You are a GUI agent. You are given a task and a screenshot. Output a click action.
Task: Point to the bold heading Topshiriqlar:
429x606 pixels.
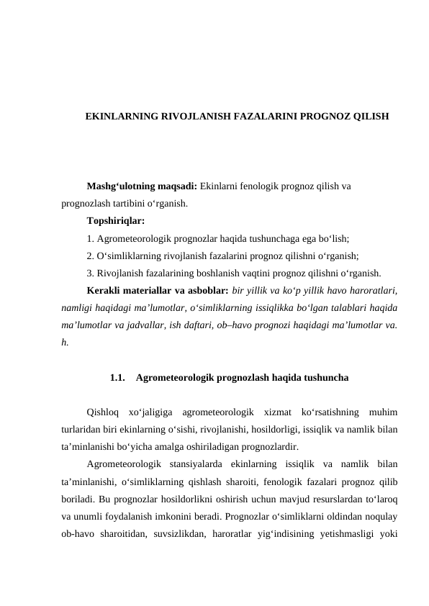point(115,220)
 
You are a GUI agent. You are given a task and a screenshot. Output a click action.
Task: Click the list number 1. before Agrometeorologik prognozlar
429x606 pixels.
point(90,238)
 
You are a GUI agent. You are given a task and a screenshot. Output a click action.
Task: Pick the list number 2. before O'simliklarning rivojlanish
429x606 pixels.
point(90,255)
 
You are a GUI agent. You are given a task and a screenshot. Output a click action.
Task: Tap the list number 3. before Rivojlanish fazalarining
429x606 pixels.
point(90,273)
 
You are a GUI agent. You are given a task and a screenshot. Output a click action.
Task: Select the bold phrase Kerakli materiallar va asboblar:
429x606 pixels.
point(158,291)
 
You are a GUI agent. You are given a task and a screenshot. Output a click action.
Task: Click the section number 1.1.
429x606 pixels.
point(119,377)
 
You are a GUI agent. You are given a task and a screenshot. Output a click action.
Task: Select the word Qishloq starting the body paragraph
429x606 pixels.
point(102,412)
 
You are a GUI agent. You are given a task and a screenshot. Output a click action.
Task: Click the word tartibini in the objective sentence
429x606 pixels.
point(128,203)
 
